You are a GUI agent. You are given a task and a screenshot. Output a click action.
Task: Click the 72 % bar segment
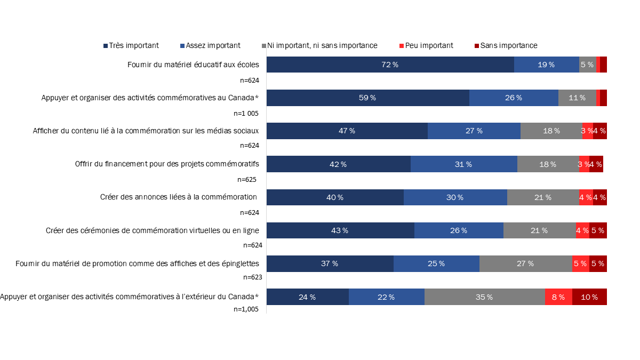[x=390, y=65]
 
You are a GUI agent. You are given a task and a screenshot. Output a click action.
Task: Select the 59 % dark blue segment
[x=367, y=98]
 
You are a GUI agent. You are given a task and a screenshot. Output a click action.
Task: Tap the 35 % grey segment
[x=484, y=297]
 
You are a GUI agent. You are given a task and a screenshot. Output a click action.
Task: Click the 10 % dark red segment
[x=589, y=297]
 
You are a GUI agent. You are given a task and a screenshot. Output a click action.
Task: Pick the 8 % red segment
[x=558, y=297]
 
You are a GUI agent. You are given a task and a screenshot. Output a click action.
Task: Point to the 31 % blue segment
[x=463, y=164]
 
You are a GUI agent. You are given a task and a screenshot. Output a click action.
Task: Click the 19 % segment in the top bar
[x=546, y=65]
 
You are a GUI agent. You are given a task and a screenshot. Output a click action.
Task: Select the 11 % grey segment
[x=577, y=98]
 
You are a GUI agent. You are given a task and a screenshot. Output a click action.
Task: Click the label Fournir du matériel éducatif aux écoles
[x=193, y=65]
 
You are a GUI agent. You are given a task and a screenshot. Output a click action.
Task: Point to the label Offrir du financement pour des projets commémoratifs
[x=167, y=164]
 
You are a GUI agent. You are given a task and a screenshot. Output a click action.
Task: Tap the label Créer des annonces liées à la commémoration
[x=179, y=197]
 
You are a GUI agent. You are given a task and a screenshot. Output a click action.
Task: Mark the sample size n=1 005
[x=246, y=113]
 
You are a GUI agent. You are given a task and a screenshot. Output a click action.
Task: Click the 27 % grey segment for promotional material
[x=525, y=263]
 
